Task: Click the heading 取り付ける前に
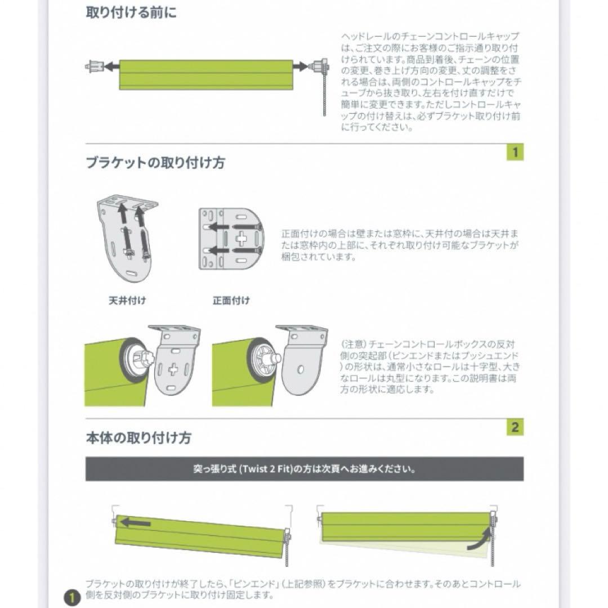coord(131,13)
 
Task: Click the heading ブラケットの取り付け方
coord(155,163)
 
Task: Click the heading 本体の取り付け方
coord(138,437)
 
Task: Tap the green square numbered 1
coord(515,152)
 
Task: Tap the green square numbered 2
coord(515,427)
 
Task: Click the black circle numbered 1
coord(71,597)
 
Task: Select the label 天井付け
coord(127,301)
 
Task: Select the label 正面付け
coord(231,301)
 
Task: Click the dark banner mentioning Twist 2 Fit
coord(304,468)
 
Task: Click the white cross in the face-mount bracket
coord(241,239)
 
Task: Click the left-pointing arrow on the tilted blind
coord(135,523)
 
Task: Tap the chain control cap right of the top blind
coord(320,66)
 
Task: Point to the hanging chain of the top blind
coord(325,96)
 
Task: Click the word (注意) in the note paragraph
coord(353,344)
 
